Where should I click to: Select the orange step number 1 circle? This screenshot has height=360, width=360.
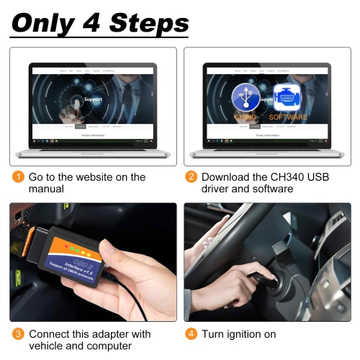[17, 177]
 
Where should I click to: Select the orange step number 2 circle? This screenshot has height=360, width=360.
[192, 177]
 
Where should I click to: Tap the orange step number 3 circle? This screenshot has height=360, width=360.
[17, 334]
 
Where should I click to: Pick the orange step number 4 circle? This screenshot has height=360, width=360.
[192, 334]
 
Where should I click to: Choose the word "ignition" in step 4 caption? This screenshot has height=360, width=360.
[248, 334]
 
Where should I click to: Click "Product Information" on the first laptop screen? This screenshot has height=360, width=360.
[94, 135]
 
